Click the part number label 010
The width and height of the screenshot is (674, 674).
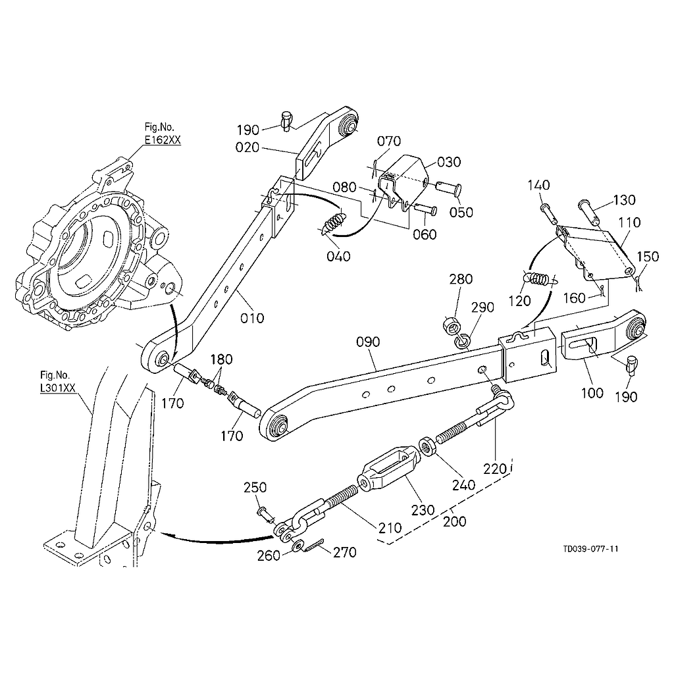click(252, 318)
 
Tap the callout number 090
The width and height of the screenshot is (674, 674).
click(369, 342)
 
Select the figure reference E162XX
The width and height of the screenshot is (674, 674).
click(163, 139)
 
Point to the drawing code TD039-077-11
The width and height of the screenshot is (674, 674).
click(590, 548)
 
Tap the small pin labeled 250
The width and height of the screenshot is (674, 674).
click(262, 510)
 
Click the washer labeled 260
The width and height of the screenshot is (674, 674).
click(298, 545)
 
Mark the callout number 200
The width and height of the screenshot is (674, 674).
click(455, 521)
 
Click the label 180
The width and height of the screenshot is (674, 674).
click(221, 359)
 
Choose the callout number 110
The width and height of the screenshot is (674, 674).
click(629, 223)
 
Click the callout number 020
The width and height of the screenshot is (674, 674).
click(247, 147)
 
